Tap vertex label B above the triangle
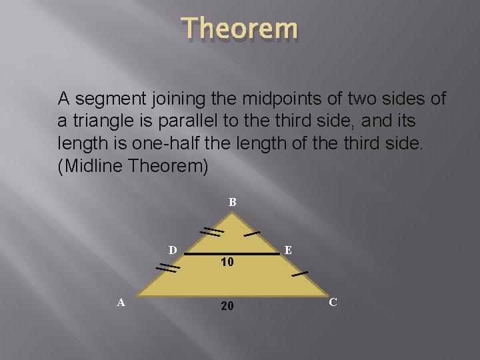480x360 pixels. (232, 201)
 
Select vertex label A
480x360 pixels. (121, 302)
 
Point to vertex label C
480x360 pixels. (333, 302)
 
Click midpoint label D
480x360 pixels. (172, 250)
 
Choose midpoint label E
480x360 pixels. (287, 250)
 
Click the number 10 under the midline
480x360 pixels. (227, 263)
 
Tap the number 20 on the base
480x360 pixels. (227, 305)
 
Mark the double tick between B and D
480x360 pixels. (213, 231)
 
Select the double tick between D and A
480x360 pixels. (168, 268)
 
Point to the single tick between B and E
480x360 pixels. (251, 233)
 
